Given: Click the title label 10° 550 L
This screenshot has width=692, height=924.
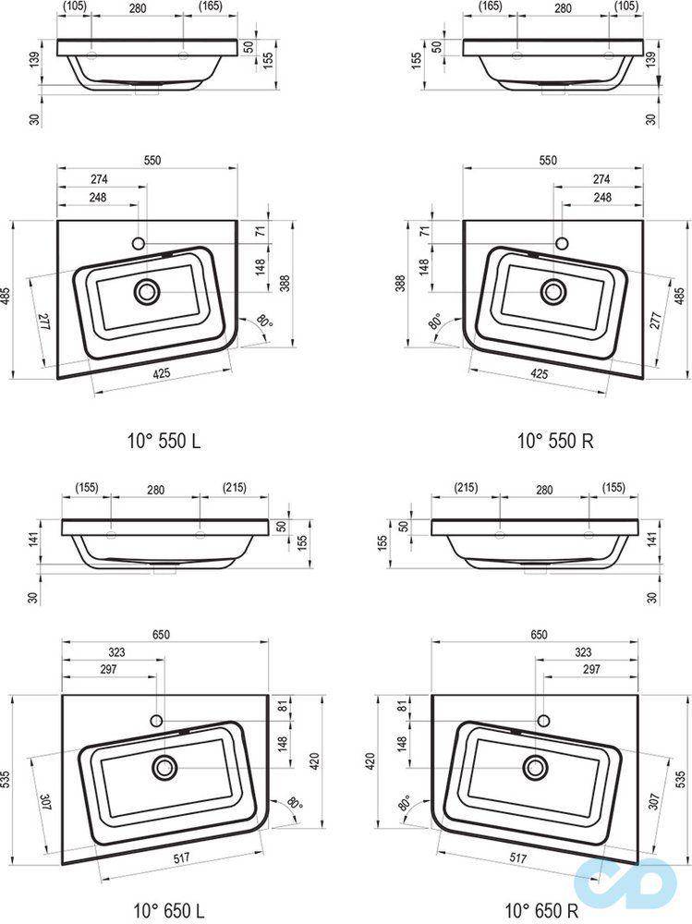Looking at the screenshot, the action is [164, 440].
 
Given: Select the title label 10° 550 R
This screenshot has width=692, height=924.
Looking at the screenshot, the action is [555, 440].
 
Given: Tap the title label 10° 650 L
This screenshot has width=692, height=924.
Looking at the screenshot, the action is [169, 910].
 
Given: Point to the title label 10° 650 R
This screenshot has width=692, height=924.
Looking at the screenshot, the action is [541, 910].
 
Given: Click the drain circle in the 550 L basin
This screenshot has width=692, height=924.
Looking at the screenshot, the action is [147, 292].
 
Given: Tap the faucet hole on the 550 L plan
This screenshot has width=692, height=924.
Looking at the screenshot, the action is [140, 243].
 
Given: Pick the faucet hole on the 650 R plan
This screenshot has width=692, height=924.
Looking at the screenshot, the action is [543, 720].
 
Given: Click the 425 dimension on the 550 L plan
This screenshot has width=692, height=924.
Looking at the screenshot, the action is [161, 373].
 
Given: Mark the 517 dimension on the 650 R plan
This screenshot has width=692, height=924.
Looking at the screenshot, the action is [517, 858].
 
